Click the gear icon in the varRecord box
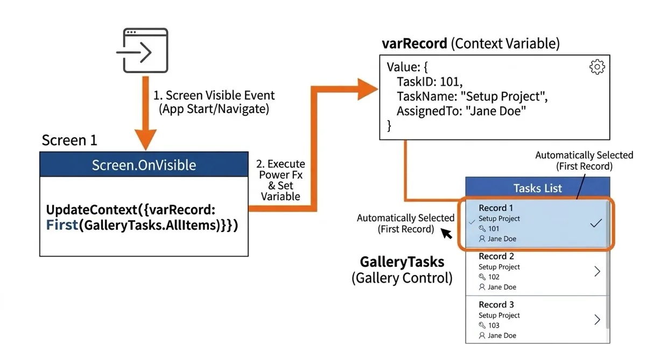[x=597, y=67]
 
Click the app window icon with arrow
[x=142, y=51]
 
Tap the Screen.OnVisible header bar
[x=144, y=164]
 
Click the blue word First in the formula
[x=62, y=225]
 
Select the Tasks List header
[x=538, y=188]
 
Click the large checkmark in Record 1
[x=596, y=223]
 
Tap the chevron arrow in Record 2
[x=597, y=271]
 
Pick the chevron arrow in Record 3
[x=597, y=320]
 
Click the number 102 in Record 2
[x=494, y=277]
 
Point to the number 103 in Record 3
[x=494, y=326]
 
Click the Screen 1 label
[x=69, y=140]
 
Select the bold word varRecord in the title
[x=415, y=44]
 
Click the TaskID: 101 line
[x=430, y=82]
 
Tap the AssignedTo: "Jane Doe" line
[x=461, y=111]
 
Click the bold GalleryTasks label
[x=402, y=262]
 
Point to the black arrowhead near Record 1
[x=446, y=234]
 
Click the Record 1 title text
[x=496, y=208]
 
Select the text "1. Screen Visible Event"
[x=214, y=95]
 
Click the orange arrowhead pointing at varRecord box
[x=367, y=89]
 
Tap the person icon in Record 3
[x=482, y=335]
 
